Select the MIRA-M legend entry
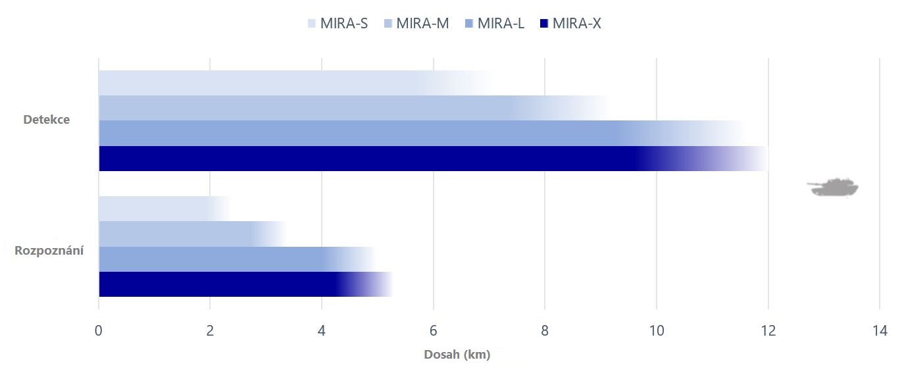coord(416,24)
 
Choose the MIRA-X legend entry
coord(570,24)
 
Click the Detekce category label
coord(46,120)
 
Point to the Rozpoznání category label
coord(49,251)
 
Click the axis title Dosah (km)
coord(457,355)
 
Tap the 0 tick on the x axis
coord(99,331)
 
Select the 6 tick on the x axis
coord(433,331)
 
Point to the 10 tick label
coord(656,331)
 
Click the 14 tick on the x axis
coord(879,331)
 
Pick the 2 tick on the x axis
coord(210,331)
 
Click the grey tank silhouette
coord(833,187)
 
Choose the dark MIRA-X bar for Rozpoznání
coord(217,284)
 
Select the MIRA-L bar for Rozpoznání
coord(211,259)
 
